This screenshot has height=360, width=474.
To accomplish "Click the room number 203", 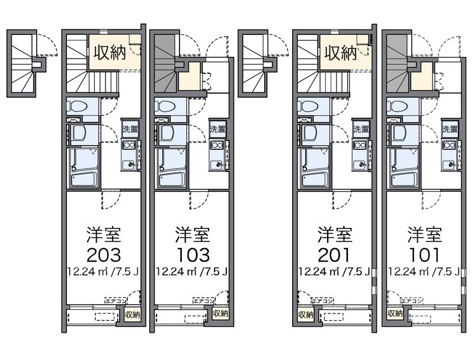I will [104, 255].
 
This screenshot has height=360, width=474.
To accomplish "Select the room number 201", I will [335, 255].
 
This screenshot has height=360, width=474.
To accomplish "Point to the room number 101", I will [424, 255].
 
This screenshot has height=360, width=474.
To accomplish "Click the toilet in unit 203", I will [76, 107].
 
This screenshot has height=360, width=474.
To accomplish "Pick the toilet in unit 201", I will [308, 107].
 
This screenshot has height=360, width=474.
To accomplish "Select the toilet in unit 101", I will [396, 107].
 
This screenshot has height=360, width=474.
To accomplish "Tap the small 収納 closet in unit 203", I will [133, 315].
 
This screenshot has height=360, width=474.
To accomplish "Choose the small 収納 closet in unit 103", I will [220, 314].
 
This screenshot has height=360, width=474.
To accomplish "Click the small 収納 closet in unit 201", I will [305, 314].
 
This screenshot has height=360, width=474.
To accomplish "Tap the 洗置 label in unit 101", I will [450, 129].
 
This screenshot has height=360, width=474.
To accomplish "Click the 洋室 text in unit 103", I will [192, 234].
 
